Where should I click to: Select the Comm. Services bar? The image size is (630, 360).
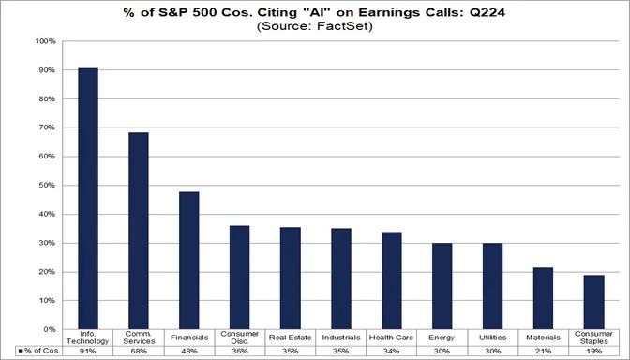coord(139,231)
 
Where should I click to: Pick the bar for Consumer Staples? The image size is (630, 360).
coord(594,302)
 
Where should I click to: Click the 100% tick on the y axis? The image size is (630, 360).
coord(44,41)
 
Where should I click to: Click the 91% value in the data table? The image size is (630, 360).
coord(88,350)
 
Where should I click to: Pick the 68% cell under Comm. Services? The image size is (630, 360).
coord(139,350)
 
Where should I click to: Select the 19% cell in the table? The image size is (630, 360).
coord(594,350)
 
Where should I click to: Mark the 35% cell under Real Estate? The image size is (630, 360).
coord(291,350)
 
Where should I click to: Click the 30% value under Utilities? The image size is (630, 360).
coord(493,350)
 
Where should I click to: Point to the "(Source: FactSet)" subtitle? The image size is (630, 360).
coord(314,27)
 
